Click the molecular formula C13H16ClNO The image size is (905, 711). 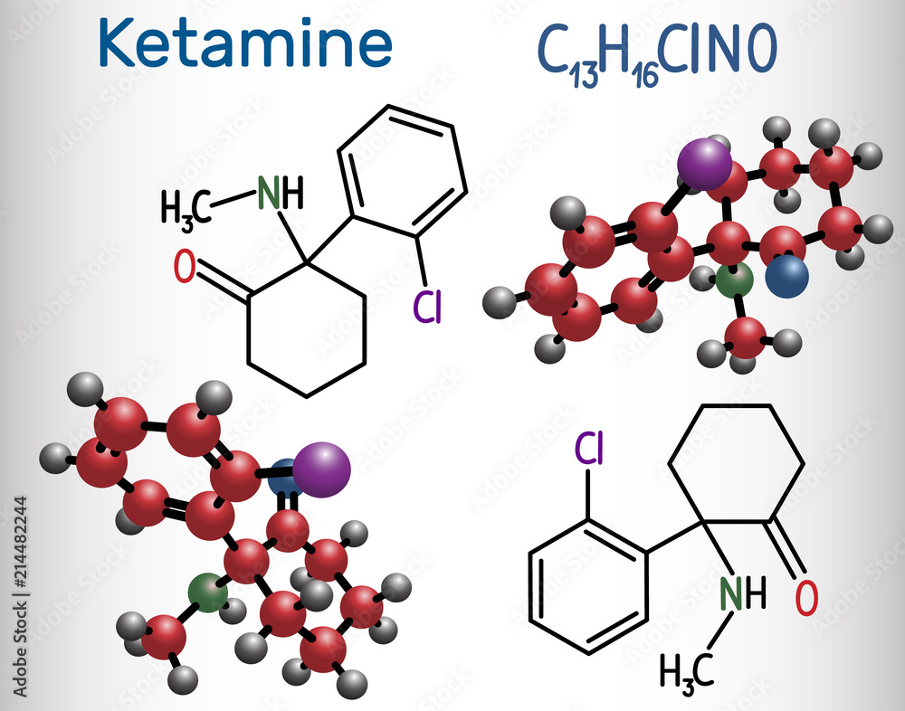658,51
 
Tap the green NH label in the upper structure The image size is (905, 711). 280,192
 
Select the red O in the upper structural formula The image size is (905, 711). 185,268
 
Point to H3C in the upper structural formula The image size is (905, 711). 186,207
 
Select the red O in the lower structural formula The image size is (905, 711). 806,597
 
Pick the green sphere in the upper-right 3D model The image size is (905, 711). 734,280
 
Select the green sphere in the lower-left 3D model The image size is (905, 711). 208,594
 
